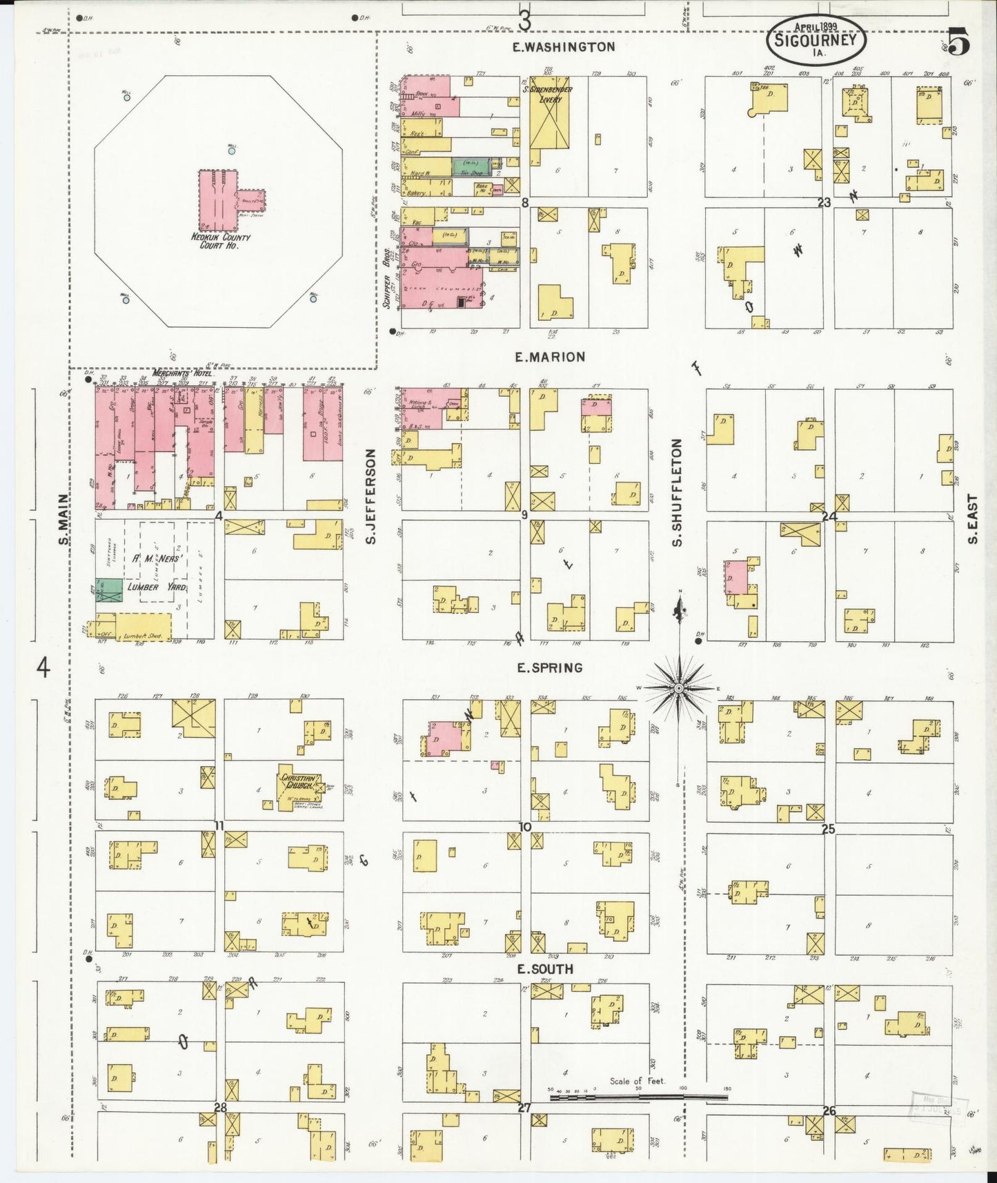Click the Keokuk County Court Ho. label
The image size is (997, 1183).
221,241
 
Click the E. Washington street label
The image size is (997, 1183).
564,47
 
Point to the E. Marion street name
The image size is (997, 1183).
550,357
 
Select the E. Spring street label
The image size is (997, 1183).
549,667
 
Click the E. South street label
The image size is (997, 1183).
545,969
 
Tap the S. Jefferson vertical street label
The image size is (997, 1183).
371,496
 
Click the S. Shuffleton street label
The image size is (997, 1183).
677,493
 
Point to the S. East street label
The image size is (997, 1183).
973,518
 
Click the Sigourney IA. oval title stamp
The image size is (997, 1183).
816,39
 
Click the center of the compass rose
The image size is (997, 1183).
679,688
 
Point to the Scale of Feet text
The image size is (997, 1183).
637,1081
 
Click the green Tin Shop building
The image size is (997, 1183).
471,166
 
